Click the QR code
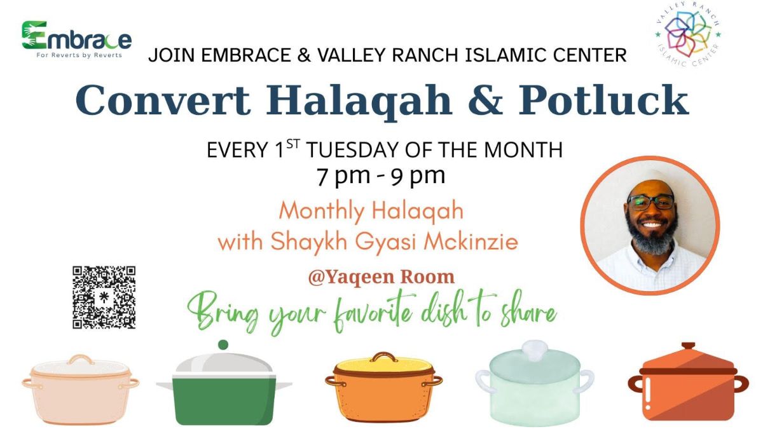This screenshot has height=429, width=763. point(104,297)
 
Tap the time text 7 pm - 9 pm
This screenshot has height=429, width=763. point(381,175)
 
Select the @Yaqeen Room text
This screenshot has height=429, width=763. point(381,277)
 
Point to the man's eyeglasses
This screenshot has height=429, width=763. point(650,202)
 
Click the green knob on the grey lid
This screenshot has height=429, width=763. point(223,344)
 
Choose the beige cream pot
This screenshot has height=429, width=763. point(81,389)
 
